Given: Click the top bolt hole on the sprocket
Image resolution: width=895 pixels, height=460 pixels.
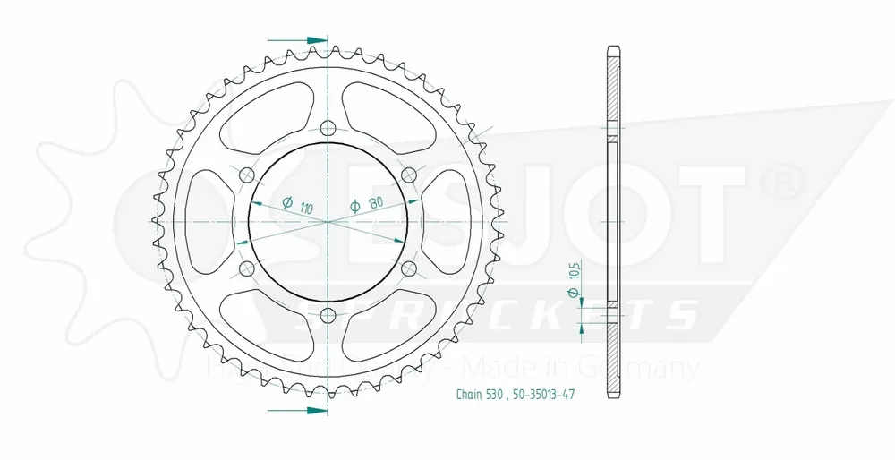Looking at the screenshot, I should pos(328,127).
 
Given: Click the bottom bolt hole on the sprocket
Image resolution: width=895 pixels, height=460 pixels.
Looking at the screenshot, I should pos(328,314).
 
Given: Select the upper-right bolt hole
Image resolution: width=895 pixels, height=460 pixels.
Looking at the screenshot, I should pos(408,173).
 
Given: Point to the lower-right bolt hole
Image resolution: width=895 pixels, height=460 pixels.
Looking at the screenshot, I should pos(408,268).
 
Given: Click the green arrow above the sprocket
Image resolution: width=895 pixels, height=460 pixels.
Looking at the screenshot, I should pos(308,41).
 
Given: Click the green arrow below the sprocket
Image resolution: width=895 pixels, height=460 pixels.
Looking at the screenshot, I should pos(308,410).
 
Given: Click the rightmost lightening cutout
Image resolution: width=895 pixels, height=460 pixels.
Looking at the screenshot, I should pos(448,220).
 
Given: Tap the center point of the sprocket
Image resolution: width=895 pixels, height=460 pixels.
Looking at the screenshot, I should pos(328,220).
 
